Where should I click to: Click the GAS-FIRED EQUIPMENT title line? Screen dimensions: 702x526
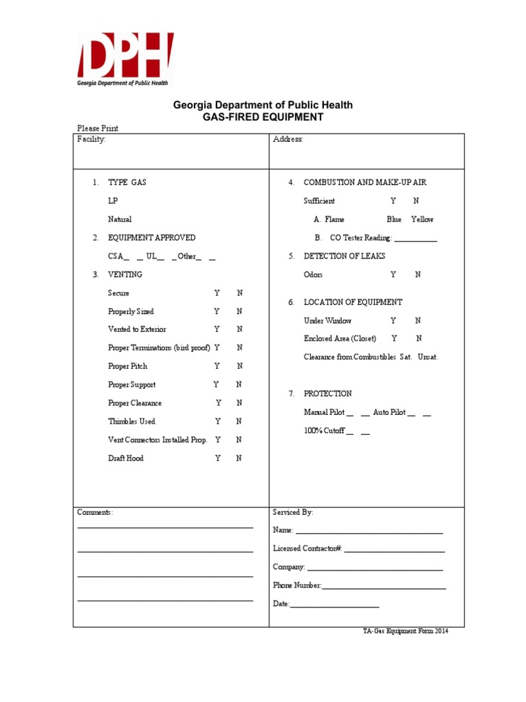(262, 117)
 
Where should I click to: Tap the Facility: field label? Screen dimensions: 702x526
(91, 139)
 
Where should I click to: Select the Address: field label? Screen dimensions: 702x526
(288, 139)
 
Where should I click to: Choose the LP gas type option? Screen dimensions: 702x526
(112, 202)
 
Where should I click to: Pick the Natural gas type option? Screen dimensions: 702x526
(119, 219)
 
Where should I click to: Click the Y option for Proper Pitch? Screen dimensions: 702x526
(216, 366)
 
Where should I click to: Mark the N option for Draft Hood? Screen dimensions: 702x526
(239, 458)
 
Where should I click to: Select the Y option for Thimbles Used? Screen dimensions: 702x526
(218, 422)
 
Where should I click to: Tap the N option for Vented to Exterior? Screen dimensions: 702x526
(239, 330)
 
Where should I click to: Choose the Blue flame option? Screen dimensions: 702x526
(394, 219)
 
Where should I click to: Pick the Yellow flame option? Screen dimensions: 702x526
(422, 219)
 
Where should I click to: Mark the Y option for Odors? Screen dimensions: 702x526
(393, 274)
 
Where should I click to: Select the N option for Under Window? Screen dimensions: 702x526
(418, 320)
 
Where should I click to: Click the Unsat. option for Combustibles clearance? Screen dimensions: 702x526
(427, 357)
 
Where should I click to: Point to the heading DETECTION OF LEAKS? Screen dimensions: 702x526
(344, 256)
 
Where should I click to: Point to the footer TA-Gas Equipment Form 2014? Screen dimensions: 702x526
(405, 631)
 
